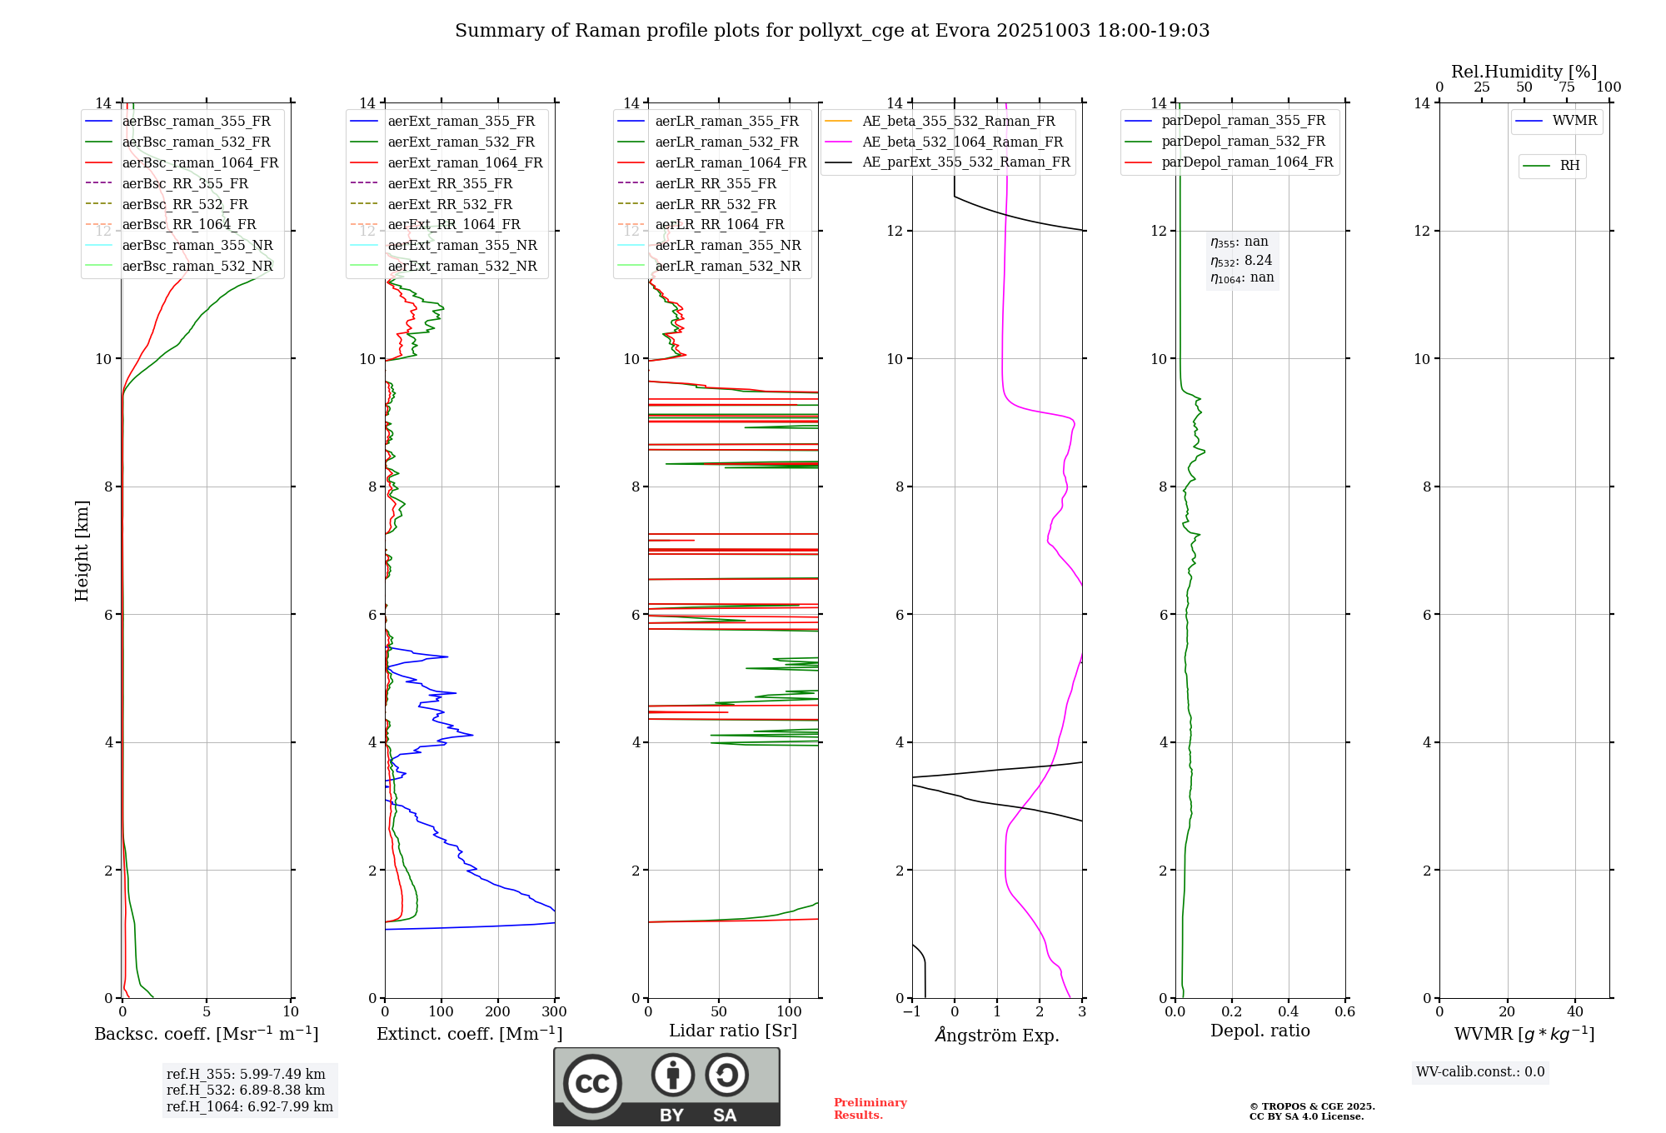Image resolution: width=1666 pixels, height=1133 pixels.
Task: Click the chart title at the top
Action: click(832, 31)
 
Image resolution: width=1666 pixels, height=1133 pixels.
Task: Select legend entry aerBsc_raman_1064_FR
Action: click(200, 162)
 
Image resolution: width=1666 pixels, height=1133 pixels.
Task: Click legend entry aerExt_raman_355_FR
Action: click(461, 122)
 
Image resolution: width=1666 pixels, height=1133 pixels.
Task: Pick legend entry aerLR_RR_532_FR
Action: click(715, 204)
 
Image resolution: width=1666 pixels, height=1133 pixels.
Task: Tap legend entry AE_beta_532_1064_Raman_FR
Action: click(962, 142)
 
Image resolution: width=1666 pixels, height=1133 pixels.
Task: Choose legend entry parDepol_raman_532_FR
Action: click(1243, 142)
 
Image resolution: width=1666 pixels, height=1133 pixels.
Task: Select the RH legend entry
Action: click(1569, 166)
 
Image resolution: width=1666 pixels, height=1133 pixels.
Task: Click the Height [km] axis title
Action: click(82, 551)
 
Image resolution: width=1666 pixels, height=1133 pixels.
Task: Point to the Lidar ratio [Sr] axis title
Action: click(733, 1031)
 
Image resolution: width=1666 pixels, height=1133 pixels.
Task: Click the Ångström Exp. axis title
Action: click(997, 1035)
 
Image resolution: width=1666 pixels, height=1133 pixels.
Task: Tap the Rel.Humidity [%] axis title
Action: click(1524, 72)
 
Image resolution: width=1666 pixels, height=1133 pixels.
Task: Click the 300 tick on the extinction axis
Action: click(554, 1012)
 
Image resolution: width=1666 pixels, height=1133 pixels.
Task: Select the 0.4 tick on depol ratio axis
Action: click(1288, 1012)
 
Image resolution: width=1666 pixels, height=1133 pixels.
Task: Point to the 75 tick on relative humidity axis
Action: click(1566, 87)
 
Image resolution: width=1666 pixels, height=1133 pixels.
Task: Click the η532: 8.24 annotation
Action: click(1241, 261)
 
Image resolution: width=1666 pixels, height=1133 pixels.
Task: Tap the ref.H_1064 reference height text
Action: click(250, 1107)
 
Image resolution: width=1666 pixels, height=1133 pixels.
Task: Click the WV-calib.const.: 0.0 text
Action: click(1480, 1072)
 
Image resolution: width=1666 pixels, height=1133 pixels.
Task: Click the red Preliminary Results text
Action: click(870, 1109)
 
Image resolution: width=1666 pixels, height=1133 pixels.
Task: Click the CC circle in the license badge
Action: click(592, 1084)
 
